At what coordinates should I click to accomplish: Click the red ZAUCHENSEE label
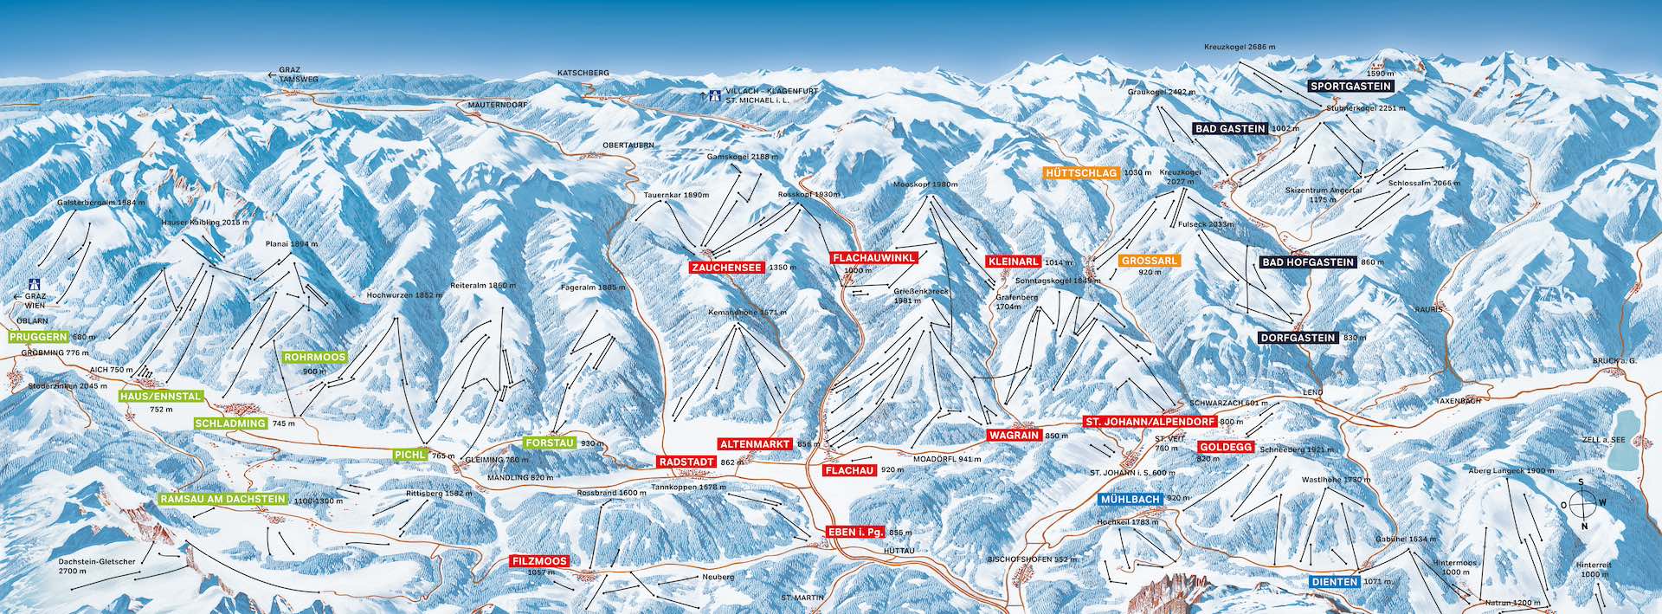(x=726, y=268)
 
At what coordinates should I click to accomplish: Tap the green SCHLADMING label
(x=230, y=423)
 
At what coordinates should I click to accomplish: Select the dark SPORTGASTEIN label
(x=1350, y=87)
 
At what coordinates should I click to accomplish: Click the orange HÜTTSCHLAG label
(x=1081, y=173)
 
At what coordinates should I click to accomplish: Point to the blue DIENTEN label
(x=1334, y=582)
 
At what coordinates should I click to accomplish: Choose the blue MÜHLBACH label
(x=1130, y=500)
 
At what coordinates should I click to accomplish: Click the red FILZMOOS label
(x=539, y=561)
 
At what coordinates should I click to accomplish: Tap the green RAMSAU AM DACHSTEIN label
(x=222, y=500)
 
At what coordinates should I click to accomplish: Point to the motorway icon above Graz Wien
(x=35, y=283)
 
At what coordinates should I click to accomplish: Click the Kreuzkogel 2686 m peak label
(x=1239, y=47)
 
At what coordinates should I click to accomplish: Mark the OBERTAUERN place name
(x=628, y=145)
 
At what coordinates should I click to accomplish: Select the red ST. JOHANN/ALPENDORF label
(x=1150, y=422)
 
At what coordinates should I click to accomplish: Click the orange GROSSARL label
(x=1149, y=261)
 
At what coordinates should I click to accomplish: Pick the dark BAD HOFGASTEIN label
(x=1307, y=262)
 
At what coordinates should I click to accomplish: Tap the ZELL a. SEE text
(x=1603, y=440)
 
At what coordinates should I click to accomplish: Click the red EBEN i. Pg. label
(x=854, y=533)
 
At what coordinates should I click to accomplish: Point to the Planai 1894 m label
(x=292, y=244)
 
